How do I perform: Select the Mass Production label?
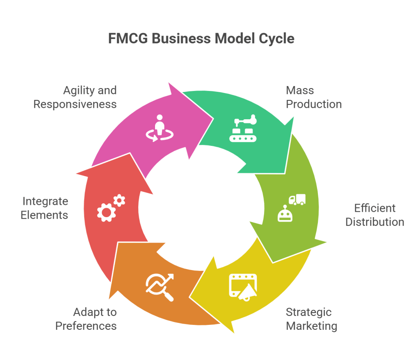click(314, 97)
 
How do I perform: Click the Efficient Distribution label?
click(374, 215)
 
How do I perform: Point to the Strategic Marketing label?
click(311, 319)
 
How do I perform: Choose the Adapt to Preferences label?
click(86, 319)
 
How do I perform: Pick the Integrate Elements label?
click(45, 208)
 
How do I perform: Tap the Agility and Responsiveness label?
click(75, 97)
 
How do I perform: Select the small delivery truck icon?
click(297, 200)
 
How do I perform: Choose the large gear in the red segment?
click(106, 212)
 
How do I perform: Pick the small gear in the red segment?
click(119, 200)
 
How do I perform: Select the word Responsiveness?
click(75, 104)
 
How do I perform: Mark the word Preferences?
click(86, 326)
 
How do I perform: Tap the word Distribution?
click(374, 222)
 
